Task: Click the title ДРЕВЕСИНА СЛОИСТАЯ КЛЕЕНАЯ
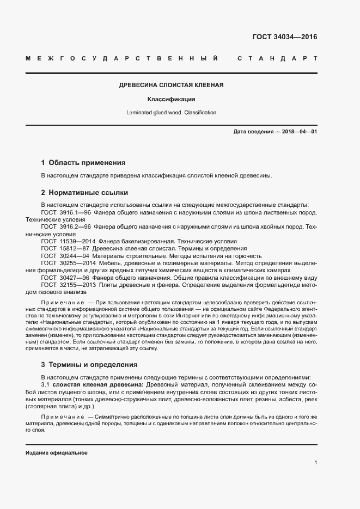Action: pos(172,85)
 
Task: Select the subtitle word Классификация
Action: pos(171,100)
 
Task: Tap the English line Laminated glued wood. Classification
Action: pos(171,113)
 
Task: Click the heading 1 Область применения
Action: pos(83,163)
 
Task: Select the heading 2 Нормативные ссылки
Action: pos(84,192)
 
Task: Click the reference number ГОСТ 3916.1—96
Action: pos(65,212)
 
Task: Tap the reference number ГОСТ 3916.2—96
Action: pos(65,226)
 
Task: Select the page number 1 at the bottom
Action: pos(316,463)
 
